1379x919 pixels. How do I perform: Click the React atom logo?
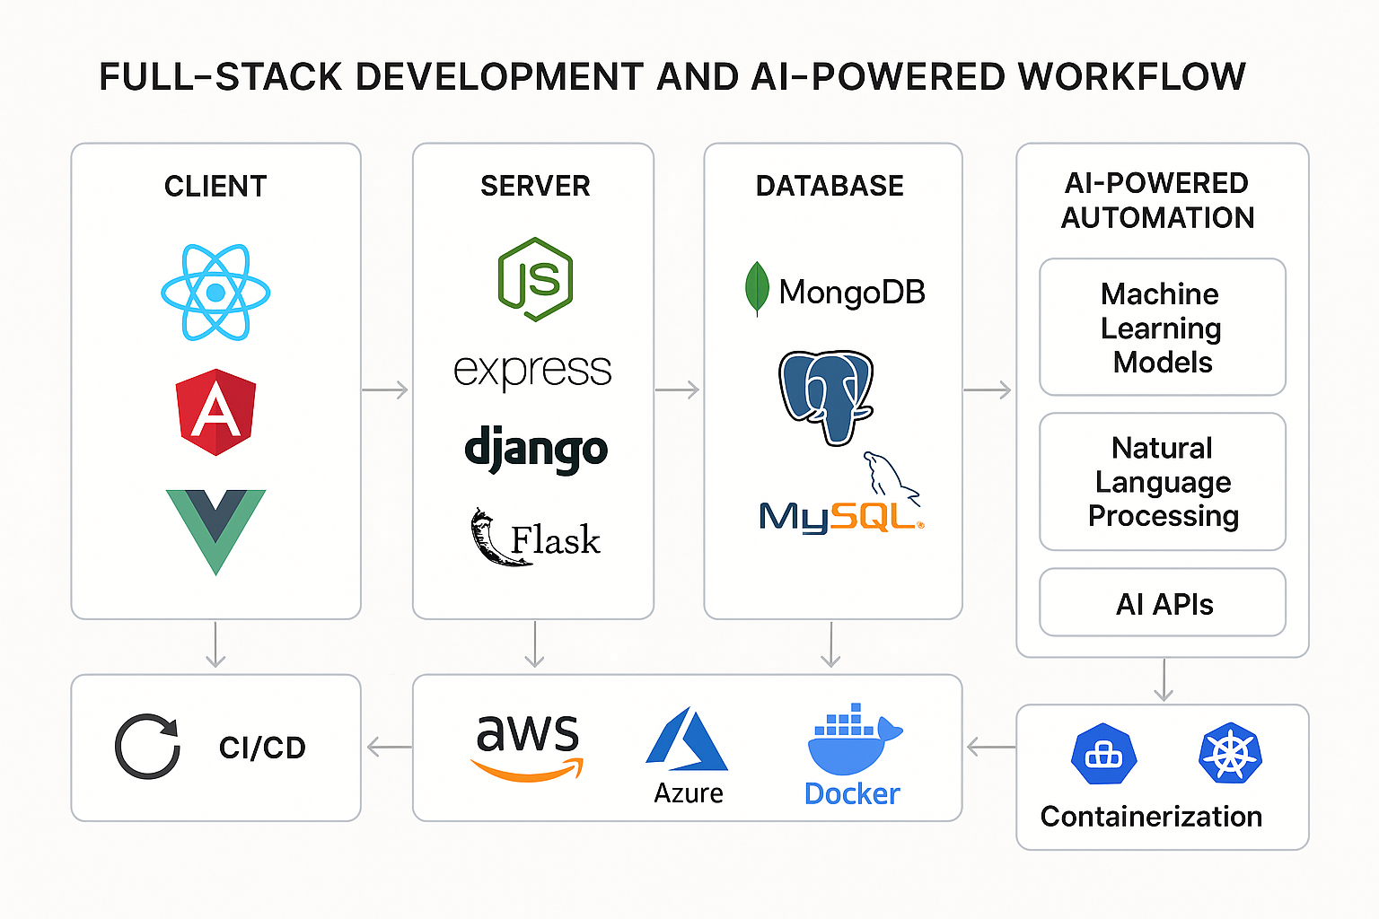point(215,293)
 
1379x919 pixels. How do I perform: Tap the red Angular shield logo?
point(215,412)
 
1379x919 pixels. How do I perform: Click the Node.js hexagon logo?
point(535,279)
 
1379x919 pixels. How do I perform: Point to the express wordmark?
point(532,371)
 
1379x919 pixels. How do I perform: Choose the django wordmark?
point(536,451)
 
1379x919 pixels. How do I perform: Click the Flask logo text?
point(555,540)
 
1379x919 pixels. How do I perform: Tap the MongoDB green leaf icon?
point(757,289)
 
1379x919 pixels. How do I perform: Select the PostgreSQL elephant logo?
point(825,396)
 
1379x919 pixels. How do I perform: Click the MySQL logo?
point(840,515)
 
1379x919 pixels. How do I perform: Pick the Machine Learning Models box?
point(1162,328)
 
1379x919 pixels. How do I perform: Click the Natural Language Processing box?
point(1162,482)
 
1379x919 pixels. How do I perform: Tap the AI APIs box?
point(1162,604)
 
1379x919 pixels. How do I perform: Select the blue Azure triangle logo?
point(687,740)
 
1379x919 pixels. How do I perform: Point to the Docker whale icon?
point(853,740)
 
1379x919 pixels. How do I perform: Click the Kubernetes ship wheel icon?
point(1230,753)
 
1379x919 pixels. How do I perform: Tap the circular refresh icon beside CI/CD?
point(148,747)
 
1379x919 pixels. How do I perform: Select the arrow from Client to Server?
point(385,389)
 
